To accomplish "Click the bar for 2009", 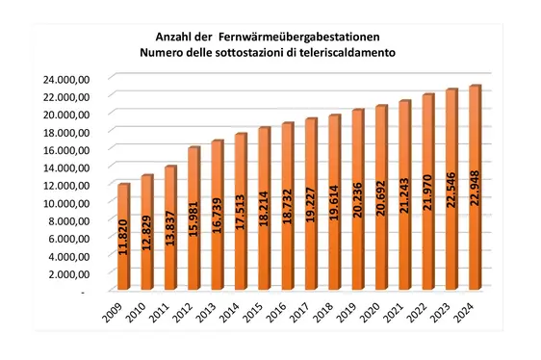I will tap(123, 236).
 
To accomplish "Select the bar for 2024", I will tap(474, 188).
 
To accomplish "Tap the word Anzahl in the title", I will tap(163, 37).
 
